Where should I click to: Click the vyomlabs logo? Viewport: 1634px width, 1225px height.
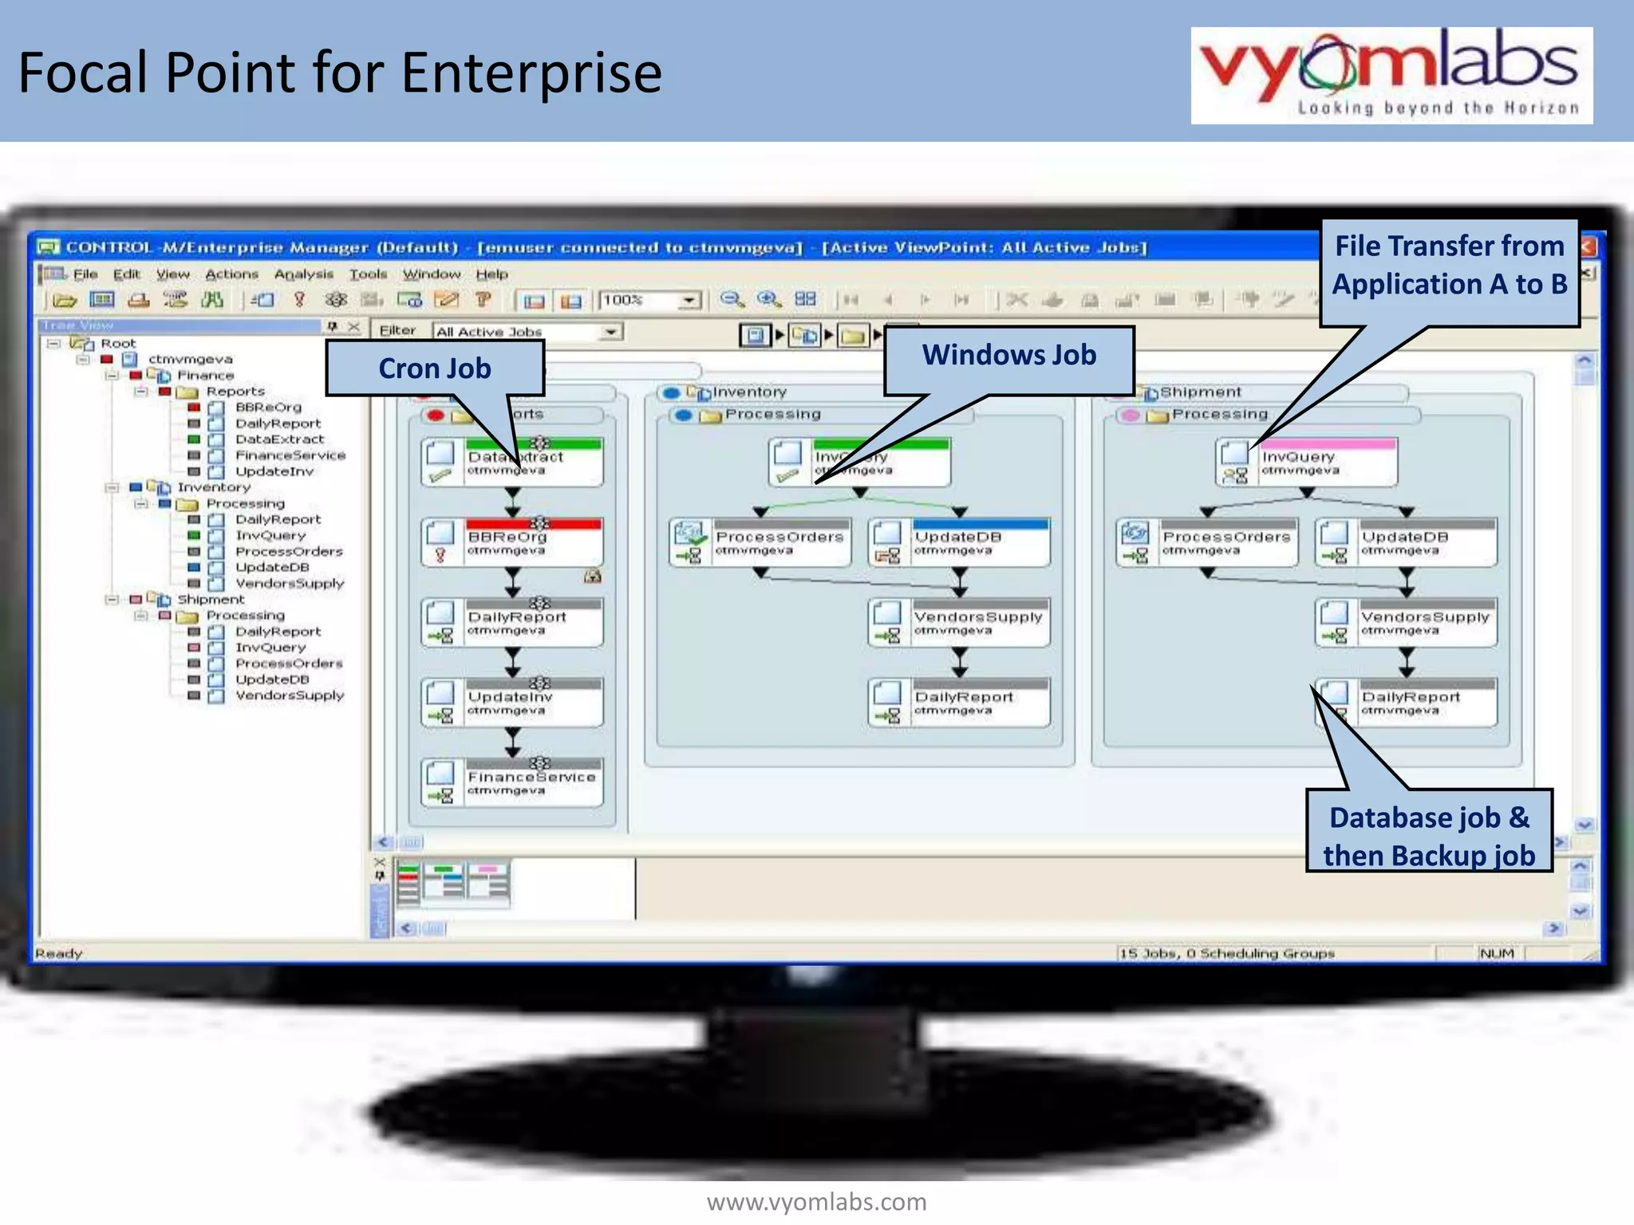(x=1391, y=75)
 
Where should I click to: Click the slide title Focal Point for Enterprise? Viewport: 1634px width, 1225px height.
(x=340, y=73)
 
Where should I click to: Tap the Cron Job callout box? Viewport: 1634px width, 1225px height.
(x=435, y=368)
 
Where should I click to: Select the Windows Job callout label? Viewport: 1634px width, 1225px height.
(x=1008, y=356)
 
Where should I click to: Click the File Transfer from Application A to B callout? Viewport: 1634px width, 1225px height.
(x=1449, y=266)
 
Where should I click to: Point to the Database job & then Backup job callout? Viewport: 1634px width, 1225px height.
(x=1428, y=835)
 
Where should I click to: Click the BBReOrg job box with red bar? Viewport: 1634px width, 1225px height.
(x=512, y=542)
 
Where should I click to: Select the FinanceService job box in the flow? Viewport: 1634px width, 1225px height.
(x=512, y=782)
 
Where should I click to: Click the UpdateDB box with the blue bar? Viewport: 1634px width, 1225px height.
(x=958, y=542)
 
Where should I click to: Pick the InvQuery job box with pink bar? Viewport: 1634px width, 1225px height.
(x=1307, y=462)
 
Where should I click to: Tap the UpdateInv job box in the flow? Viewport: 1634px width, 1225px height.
(x=512, y=702)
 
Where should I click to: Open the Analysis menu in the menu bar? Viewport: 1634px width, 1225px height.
(x=303, y=274)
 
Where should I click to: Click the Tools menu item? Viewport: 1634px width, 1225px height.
(x=368, y=274)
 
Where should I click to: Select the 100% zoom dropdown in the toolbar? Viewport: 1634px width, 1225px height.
(x=649, y=300)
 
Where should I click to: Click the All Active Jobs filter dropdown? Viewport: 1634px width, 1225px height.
(x=527, y=332)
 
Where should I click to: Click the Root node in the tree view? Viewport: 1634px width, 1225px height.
(x=117, y=344)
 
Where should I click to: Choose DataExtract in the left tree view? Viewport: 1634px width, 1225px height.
(x=279, y=439)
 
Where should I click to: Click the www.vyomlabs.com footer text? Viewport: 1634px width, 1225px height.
(x=816, y=1202)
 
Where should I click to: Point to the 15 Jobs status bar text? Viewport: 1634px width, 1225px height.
(x=1225, y=953)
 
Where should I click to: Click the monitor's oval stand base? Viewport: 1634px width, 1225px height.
(x=814, y=1117)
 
